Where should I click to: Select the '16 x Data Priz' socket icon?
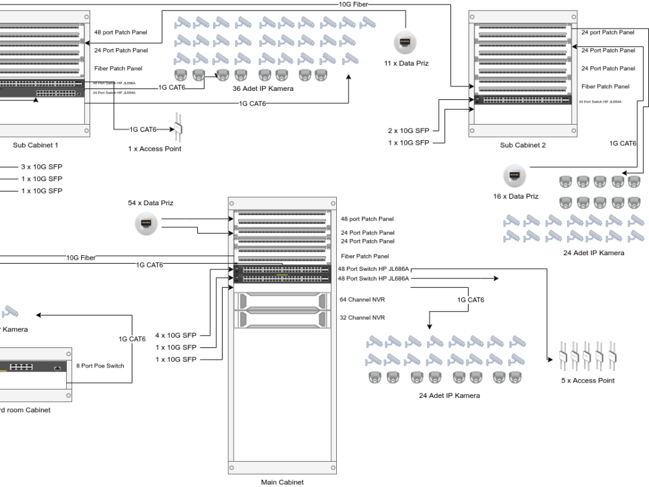click(x=514, y=175)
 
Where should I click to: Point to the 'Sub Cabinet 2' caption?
click(x=522, y=145)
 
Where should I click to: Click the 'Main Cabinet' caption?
click(x=282, y=482)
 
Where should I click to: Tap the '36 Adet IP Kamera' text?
click(x=263, y=88)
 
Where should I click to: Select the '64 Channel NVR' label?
click(x=362, y=300)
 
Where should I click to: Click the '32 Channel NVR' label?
click(x=362, y=318)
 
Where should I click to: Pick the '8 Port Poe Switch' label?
click(x=100, y=366)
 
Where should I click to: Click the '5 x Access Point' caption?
click(x=587, y=381)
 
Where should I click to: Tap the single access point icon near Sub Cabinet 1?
click(x=176, y=129)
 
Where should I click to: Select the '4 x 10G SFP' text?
click(x=175, y=335)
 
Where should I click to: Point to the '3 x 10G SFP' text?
click(x=42, y=167)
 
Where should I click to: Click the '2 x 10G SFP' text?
click(x=409, y=131)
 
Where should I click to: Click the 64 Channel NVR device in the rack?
click(x=282, y=301)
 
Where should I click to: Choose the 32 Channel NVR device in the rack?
click(x=282, y=318)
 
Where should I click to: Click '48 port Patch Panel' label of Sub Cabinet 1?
click(x=121, y=32)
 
